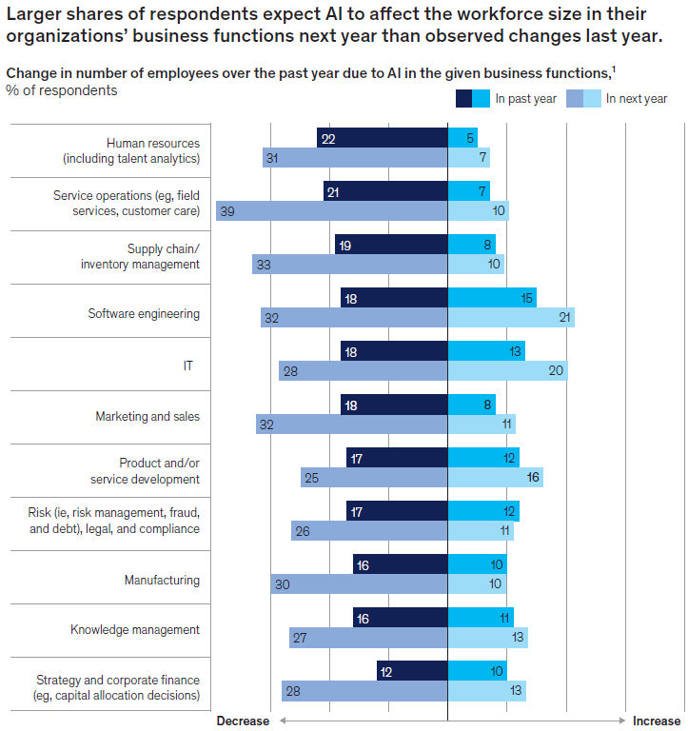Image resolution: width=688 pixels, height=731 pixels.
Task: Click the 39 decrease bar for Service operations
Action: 332,210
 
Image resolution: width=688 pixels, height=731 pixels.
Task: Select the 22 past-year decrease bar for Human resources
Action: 383,138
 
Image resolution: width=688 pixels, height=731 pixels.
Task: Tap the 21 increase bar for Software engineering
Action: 511,317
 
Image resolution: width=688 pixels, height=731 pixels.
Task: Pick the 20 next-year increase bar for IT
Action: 507,370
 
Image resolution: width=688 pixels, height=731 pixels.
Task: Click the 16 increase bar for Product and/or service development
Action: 495,477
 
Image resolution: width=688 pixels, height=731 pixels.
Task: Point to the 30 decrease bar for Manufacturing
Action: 360,583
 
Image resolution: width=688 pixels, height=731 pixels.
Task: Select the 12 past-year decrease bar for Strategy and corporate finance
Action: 412,671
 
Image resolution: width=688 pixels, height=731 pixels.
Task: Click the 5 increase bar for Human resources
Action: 462,138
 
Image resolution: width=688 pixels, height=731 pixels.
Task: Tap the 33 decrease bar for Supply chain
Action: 350,264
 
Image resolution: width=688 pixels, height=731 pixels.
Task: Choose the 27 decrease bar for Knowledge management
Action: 368,637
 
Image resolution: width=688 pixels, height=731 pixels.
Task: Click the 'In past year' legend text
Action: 526,98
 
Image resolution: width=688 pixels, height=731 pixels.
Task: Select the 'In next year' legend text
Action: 637,98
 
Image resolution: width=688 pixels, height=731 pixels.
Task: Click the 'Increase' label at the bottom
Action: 657,721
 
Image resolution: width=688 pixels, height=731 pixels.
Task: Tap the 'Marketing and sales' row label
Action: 147,416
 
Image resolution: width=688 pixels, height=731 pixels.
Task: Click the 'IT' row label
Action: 188,364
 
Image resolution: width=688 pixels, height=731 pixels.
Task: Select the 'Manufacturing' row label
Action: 162,580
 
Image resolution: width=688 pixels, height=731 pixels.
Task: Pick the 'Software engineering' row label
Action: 144,312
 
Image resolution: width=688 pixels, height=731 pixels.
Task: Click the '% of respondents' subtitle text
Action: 62,90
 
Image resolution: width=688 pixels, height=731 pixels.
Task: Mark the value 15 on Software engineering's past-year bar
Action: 526,298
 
